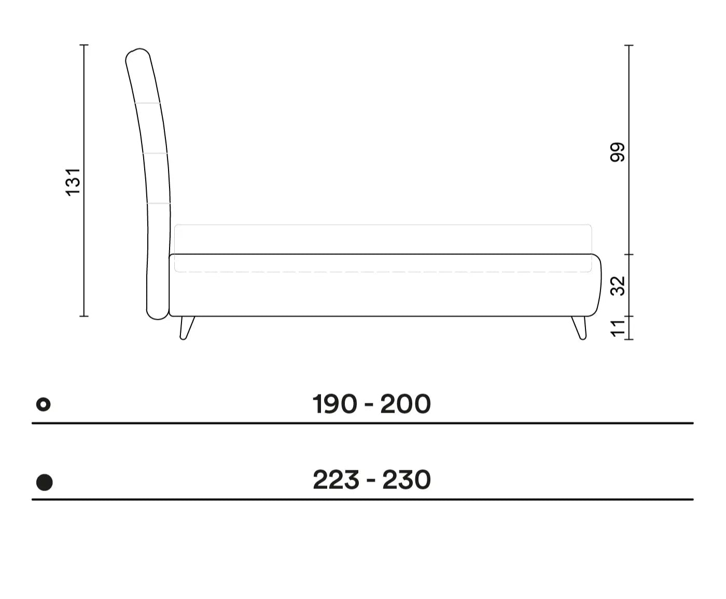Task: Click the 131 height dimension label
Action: pyautogui.click(x=73, y=182)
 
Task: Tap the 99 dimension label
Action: pyautogui.click(x=618, y=152)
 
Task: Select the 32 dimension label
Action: pyautogui.click(x=618, y=286)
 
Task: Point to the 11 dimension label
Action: pyautogui.click(x=618, y=328)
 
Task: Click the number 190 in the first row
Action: pyautogui.click(x=334, y=404)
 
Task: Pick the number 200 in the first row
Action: pyautogui.click(x=406, y=404)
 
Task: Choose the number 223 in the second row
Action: pyautogui.click(x=336, y=480)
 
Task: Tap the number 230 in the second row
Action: pyautogui.click(x=407, y=480)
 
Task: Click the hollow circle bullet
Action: pyautogui.click(x=44, y=404)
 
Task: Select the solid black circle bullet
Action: pyautogui.click(x=45, y=482)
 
